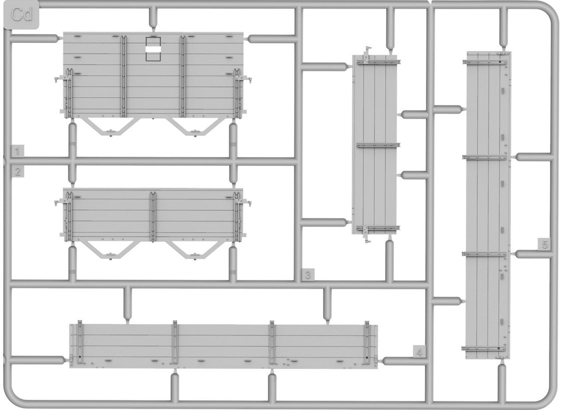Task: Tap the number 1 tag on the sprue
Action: click(17, 151)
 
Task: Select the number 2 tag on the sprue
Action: click(17, 172)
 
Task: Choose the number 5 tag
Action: click(544, 244)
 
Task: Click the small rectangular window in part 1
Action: click(152, 49)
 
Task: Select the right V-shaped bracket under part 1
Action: click(194, 126)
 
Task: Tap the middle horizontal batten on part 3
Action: click(378, 145)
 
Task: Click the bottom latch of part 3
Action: click(366, 235)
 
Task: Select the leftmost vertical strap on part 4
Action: click(80, 343)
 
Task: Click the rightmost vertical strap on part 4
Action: click(367, 343)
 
